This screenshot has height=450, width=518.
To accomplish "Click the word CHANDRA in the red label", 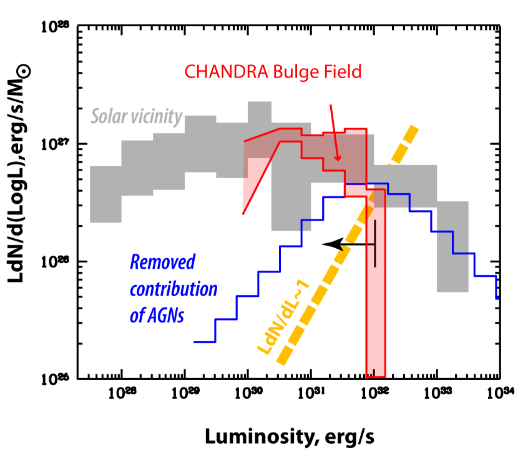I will coord(227,72).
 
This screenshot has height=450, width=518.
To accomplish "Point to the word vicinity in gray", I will coord(154,117).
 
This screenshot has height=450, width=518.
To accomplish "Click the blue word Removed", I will coord(162,262).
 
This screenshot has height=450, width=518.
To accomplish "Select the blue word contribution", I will coord(173,289).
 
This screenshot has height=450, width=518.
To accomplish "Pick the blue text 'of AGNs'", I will coord(157,316).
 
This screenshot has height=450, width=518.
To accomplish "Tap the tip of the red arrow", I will coord(338,161).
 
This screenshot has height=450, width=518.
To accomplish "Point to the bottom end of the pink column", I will coord(376,376).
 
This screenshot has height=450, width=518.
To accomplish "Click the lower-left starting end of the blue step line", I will coord(195,342).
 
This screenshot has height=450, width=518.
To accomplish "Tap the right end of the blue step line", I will coord(497,298).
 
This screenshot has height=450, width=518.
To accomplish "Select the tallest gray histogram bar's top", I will coord(260,102).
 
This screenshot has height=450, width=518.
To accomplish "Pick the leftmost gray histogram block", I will coord(105,194).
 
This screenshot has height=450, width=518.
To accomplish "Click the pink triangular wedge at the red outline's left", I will coord(253,181).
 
